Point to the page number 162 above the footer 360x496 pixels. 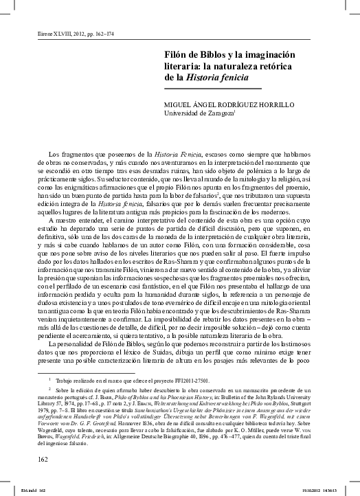(x=43, y=458)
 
